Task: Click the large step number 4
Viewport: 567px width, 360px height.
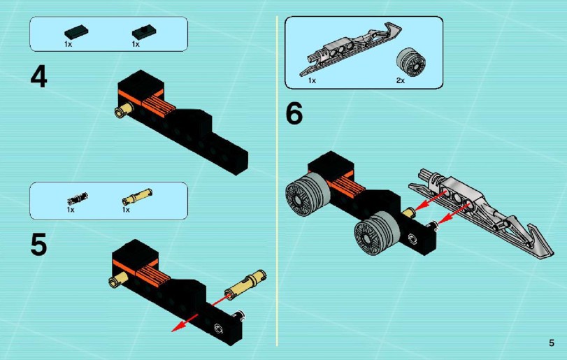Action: (x=38, y=78)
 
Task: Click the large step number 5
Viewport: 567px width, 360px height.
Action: (x=38, y=245)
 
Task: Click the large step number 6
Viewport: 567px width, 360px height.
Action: (x=294, y=113)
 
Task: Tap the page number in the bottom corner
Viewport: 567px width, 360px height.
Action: (x=551, y=343)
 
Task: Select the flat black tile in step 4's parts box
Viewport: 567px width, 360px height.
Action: (x=76, y=33)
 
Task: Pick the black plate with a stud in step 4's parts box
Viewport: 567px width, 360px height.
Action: (x=143, y=33)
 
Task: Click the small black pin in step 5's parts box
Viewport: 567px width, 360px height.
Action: (x=78, y=199)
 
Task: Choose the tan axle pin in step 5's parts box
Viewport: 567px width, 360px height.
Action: (x=137, y=196)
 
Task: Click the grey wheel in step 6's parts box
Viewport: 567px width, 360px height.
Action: (x=411, y=62)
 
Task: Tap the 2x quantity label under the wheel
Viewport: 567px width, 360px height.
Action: (x=401, y=80)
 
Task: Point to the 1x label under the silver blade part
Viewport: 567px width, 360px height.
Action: (x=312, y=80)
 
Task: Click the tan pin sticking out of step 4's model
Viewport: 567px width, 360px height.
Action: (x=123, y=110)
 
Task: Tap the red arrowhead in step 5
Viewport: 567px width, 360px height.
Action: (x=176, y=326)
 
